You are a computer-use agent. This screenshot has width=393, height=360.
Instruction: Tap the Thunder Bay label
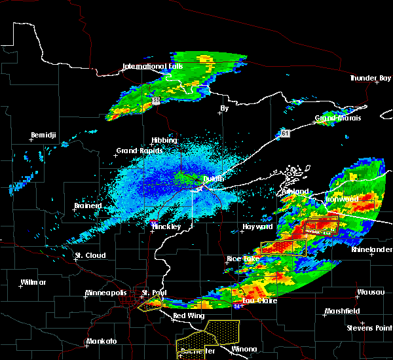(x=369, y=78)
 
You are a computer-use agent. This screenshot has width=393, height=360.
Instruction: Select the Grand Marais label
(x=335, y=118)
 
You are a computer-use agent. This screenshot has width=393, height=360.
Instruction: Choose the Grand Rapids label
(x=136, y=151)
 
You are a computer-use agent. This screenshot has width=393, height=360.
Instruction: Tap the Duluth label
(x=212, y=178)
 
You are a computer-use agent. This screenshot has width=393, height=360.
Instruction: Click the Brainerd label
(x=88, y=206)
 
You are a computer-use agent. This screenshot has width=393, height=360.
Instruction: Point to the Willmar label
(x=33, y=282)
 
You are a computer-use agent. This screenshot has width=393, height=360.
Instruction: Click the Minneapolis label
(x=108, y=293)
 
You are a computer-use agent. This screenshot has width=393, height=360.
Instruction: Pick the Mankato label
(x=102, y=342)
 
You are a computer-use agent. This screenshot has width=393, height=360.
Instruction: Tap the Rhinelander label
(x=371, y=250)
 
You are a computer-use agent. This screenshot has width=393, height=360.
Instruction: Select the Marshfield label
(x=340, y=311)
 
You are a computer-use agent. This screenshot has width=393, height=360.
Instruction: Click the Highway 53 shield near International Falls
(x=157, y=101)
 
